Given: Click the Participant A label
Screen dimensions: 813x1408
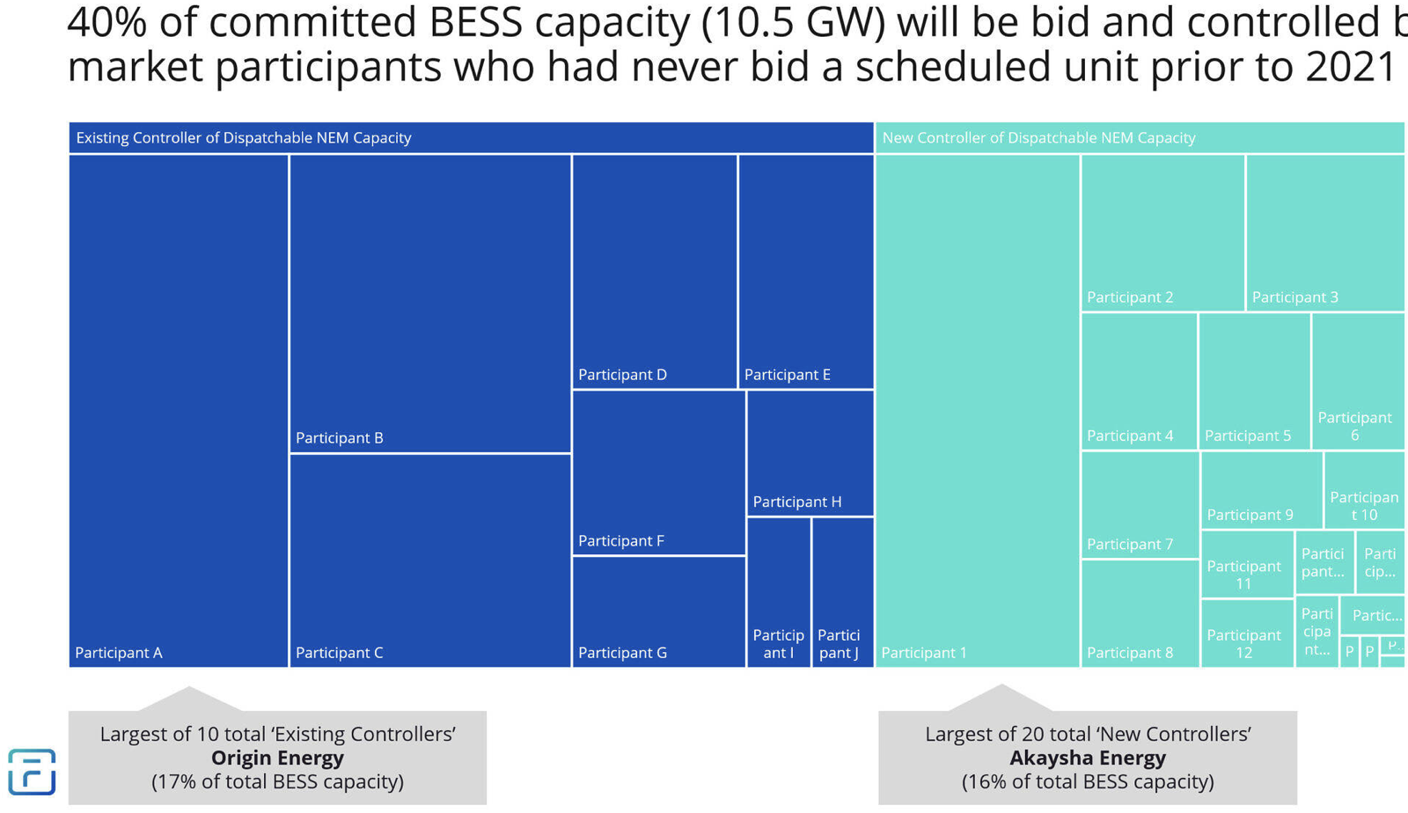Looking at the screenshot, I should click(119, 653).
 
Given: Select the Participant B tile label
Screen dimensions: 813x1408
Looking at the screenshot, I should click(340, 438).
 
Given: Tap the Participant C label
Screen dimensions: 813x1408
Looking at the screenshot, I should click(340, 653).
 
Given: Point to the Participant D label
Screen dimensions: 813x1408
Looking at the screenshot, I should click(622, 375).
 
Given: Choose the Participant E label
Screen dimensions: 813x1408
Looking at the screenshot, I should click(788, 375).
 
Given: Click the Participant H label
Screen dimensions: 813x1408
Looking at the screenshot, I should click(797, 502).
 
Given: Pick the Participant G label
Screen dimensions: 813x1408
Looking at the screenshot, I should click(622, 653).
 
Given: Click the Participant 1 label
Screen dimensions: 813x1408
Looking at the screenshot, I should click(924, 653).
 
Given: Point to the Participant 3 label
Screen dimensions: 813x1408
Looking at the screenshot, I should click(1295, 297).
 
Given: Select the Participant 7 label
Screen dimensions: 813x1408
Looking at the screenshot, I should click(1130, 545).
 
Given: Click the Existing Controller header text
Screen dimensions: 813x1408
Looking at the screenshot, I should click(244, 138).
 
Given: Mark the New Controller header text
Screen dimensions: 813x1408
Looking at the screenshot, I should click(1038, 138).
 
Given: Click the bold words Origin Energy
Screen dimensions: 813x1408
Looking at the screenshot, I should click(277, 758).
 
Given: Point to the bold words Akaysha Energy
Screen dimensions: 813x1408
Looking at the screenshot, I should click(1088, 758).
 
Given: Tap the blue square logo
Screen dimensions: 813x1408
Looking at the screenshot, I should click(32, 772).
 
